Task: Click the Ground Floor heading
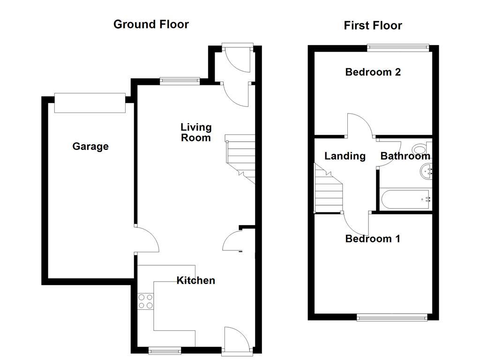pyautogui.click(x=151, y=24)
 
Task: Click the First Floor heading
pyautogui.click(x=373, y=25)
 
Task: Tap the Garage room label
pyautogui.click(x=90, y=147)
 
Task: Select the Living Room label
pyautogui.click(x=196, y=132)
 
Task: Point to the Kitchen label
pyautogui.click(x=195, y=280)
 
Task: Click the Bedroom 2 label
pyautogui.click(x=373, y=72)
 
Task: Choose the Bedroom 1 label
pyautogui.click(x=373, y=239)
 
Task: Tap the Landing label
pyautogui.click(x=345, y=156)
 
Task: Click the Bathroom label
pyautogui.click(x=405, y=156)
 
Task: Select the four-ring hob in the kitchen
pyautogui.click(x=146, y=301)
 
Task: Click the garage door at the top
pyautogui.click(x=90, y=103)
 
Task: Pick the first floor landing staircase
pyautogui.click(x=328, y=190)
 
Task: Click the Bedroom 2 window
pyautogui.click(x=397, y=46)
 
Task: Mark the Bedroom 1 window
pyautogui.click(x=392, y=318)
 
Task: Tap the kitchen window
pyautogui.click(x=165, y=349)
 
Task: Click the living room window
pyautogui.click(x=180, y=81)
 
